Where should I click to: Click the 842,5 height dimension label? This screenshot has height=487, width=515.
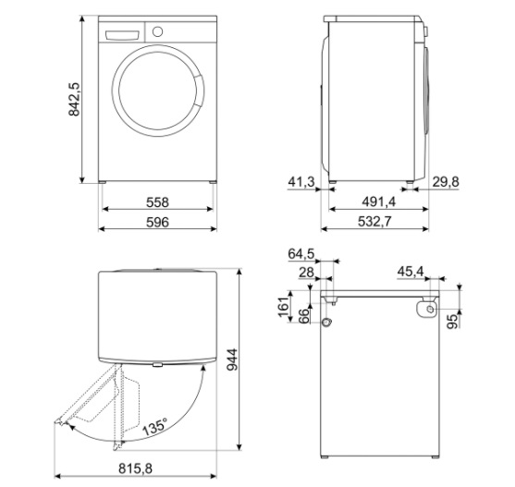click(74, 99)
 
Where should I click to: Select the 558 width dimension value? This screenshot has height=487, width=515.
click(157, 202)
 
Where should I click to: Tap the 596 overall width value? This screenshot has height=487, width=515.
click(157, 222)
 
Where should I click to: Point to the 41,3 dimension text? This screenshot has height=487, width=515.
click(301, 181)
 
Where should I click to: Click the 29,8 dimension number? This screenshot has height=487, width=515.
click(446, 181)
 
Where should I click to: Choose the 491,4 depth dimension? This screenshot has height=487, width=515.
click(379, 201)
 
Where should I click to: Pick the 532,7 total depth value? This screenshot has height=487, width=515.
click(374, 222)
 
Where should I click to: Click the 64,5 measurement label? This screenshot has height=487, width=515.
click(301, 254)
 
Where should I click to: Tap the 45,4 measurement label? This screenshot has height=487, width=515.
click(411, 272)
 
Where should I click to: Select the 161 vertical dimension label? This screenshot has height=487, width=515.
click(284, 307)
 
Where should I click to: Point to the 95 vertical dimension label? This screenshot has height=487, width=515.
click(453, 321)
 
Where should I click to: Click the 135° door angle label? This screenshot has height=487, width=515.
click(154, 427)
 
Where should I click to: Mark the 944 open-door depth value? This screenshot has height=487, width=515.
click(232, 359)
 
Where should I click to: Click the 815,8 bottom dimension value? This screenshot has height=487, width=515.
click(135, 469)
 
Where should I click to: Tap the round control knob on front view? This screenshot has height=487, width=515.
click(158, 31)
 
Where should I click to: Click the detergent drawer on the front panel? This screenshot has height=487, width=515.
click(122, 35)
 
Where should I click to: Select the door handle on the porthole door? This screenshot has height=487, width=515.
click(199, 91)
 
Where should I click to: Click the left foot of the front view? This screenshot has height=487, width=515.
click(102, 181)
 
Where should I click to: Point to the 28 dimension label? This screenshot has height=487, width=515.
click(306, 272)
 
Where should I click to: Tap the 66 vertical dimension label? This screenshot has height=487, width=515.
click(304, 316)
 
